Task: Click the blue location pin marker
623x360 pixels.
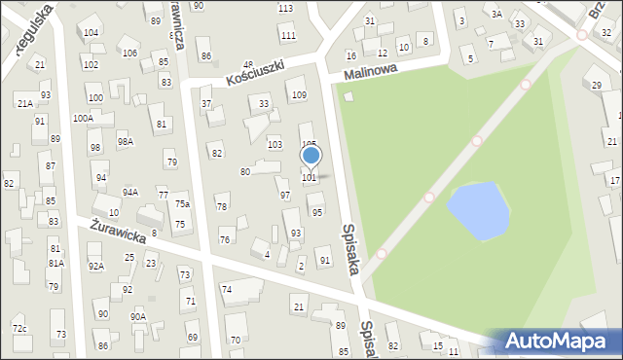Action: pos(311,156)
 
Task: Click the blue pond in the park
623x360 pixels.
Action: pos(478,211)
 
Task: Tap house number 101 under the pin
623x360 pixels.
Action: pos(309,178)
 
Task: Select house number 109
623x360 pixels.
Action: pos(299,94)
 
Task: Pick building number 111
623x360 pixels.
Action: pos(288,36)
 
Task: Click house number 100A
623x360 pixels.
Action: pos(84,118)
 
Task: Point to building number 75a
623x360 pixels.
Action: pos(182,204)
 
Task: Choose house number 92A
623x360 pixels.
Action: pos(95,266)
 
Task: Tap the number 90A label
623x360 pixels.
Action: pos(138,317)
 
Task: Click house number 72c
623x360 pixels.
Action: pos(19,329)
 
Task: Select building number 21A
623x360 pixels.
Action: pos(24,103)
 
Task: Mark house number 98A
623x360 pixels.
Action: pos(126,142)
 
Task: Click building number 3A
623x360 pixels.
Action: pos(496,14)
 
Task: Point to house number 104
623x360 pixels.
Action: pos(91,33)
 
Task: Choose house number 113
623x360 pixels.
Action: pos(285,9)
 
